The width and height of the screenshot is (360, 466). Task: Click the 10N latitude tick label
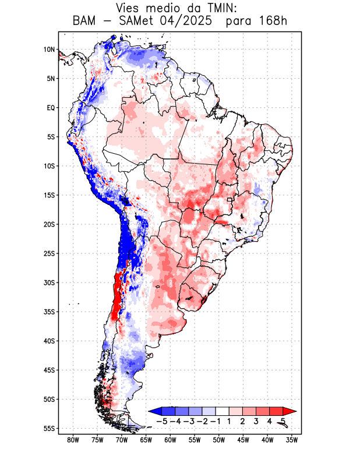coord(49,50)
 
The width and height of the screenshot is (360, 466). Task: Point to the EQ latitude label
coord(51,108)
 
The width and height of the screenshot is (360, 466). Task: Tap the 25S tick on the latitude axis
coord(49,253)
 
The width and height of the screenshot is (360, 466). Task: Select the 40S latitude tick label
coord(49,341)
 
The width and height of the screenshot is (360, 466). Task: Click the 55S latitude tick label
coord(49,428)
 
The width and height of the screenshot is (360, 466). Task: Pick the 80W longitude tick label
coord(73,440)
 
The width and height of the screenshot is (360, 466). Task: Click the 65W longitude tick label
coord(146,440)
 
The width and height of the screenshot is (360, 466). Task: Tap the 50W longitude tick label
coord(219,440)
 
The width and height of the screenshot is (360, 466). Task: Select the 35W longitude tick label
coord(292,440)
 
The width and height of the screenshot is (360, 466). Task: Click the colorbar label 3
coord(256,421)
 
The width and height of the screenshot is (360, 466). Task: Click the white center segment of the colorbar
coord(222,411)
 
